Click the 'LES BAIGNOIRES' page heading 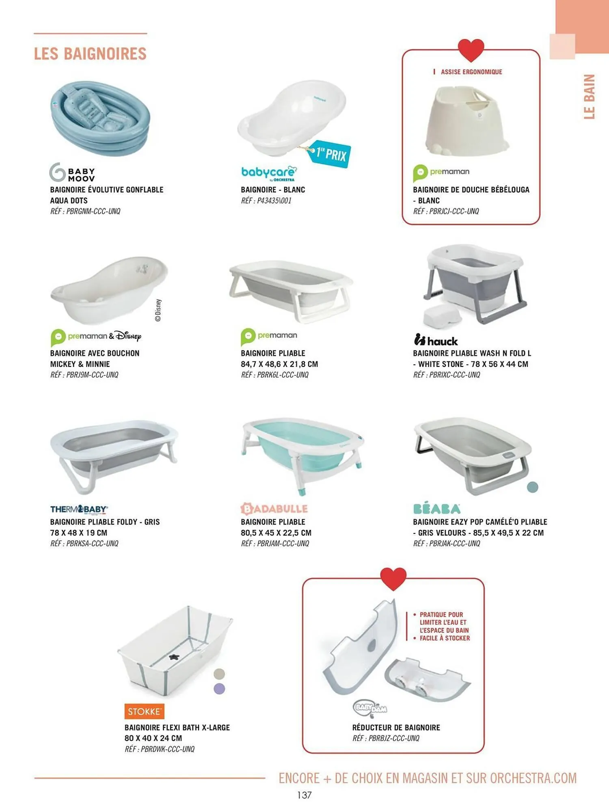pos(90,54)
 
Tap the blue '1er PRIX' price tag pos(329,154)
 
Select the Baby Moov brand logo pos(72,172)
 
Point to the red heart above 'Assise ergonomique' pos(471,50)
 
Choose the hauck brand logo pos(436,340)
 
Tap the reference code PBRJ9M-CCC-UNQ pos(84,375)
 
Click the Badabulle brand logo pos(274,509)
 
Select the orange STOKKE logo pos(144,711)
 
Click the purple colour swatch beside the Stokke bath pos(219,689)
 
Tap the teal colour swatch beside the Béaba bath pos(532,487)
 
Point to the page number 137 pos(304,795)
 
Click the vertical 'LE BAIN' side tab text pos(590,97)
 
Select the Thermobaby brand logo pos(79,509)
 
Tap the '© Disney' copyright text pos(158,310)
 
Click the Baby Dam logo pos(370,708)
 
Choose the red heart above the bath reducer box pos(393,579)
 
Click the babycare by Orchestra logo pos(269,173)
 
